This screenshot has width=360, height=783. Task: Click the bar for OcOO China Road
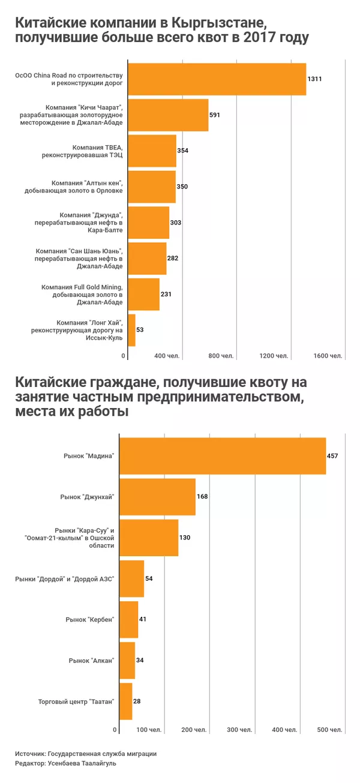217,79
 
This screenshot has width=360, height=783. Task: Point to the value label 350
182,187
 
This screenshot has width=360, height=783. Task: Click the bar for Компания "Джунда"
149,223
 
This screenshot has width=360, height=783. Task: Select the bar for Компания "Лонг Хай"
132,330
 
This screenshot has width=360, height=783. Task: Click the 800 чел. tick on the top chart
220,356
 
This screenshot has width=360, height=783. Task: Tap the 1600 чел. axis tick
328,356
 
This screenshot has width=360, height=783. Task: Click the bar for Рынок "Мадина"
223,456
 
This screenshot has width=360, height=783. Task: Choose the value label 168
202,497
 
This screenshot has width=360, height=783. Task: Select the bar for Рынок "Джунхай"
158,497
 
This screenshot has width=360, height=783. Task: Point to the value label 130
185,538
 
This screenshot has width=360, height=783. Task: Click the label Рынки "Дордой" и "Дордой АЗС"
64,578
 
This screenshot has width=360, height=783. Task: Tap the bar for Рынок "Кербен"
129,619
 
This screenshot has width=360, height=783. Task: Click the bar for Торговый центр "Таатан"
126,701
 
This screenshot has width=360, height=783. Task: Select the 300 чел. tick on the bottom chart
239,730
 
